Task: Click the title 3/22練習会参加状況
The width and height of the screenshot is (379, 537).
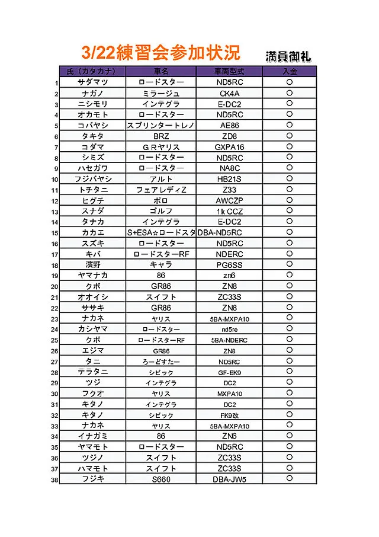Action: [x=161, y=52]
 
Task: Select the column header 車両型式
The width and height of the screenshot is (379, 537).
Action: [x=229, y=71]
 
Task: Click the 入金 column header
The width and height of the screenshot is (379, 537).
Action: [x=290, y=71]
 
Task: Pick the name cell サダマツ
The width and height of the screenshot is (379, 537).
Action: [x=93, y=82]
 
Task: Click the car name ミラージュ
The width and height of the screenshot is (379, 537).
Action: [x=161, y=93]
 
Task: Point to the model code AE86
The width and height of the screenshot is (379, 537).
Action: [x=229, y=126]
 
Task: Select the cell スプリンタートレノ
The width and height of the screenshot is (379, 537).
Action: [x=161, y=126]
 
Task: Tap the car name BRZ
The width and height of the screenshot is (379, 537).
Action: [x=161, y=136]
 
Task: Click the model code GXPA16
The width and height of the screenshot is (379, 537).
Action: [x=229, y=147]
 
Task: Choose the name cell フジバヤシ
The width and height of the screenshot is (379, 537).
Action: [x=93, y=179]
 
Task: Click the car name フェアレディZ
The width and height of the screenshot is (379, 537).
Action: [x=161, y=190]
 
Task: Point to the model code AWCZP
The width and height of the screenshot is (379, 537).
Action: [x=229, y=201]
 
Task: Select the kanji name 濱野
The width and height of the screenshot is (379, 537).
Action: [x=93, y=265]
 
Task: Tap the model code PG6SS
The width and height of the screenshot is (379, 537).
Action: [x=229, y=265]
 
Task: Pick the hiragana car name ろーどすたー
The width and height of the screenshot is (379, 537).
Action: [x=161, y=362]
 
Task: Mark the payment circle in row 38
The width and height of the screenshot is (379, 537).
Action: [x=290, y=478]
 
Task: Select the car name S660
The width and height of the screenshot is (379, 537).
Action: [x=161, y=480]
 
